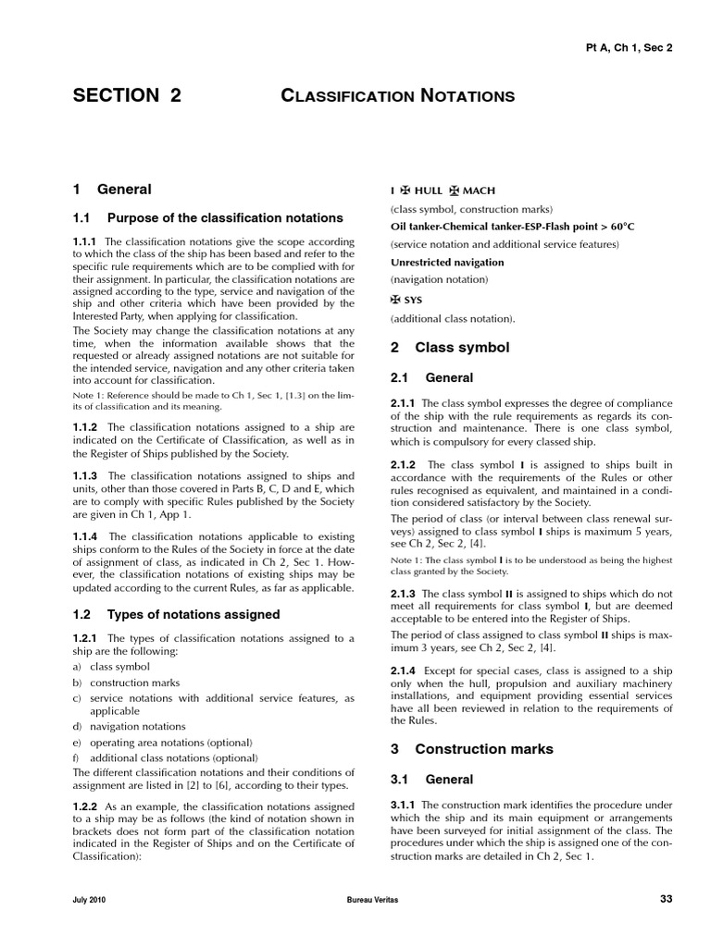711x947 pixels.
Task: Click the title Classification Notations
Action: point(397,95)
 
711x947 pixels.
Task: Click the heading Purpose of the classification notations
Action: point(225,218)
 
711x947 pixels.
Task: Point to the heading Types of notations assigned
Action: point(193,614)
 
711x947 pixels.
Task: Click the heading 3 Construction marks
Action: point(471,749)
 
